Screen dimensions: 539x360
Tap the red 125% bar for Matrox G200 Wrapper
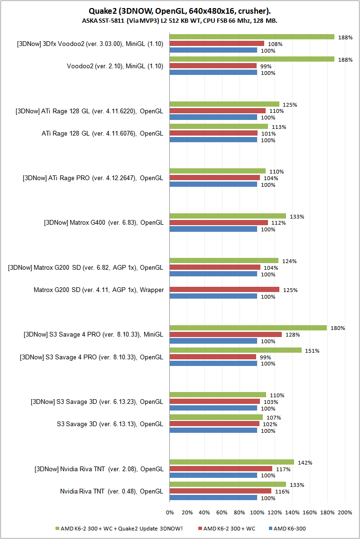point(224,290)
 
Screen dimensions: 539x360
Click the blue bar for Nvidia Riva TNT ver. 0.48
point(213,498)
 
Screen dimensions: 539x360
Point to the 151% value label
point(312,351)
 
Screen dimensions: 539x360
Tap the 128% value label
point(292,335)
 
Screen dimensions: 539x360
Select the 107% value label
point(274,418)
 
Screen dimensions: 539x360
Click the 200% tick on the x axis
point(345,512)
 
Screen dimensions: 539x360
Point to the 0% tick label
point(170,512)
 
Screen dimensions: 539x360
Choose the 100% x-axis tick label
point(257,512)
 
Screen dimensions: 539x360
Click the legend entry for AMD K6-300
point(292,529)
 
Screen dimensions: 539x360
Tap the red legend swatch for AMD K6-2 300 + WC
point(200,529)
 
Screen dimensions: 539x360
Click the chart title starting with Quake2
point(180,10)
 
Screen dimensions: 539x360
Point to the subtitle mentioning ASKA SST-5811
point(180,21)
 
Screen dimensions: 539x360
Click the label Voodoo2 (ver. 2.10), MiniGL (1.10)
point(115,66)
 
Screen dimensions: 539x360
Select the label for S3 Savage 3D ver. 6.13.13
point(110,424)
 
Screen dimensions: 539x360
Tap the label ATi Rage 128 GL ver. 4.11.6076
point(102,133)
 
